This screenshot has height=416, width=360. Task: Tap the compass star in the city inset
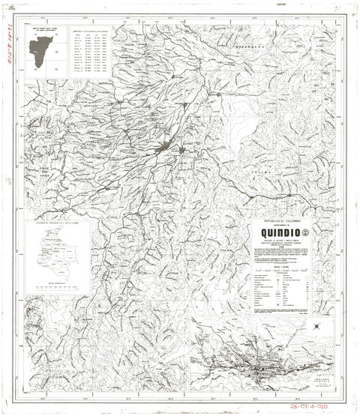317,326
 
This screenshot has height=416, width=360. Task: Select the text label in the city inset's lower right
322,380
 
